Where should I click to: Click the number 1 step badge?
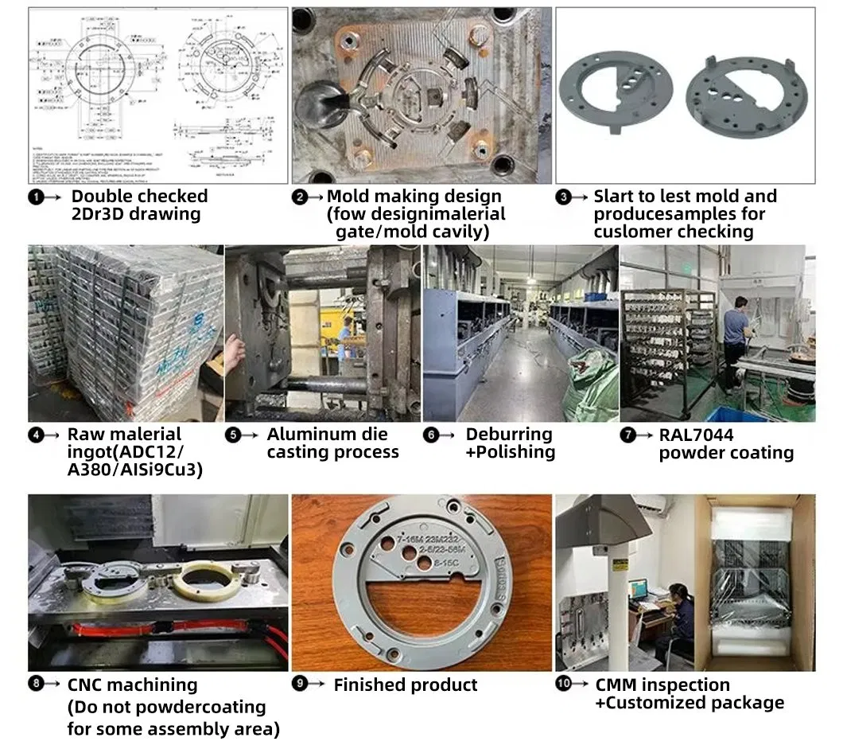(37, 197)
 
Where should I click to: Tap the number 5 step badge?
(233, 435)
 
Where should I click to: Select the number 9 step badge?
(300, 685)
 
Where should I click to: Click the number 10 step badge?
(563, 685)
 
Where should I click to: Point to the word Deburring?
(509, 435)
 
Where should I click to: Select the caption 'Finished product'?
(405, 685)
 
